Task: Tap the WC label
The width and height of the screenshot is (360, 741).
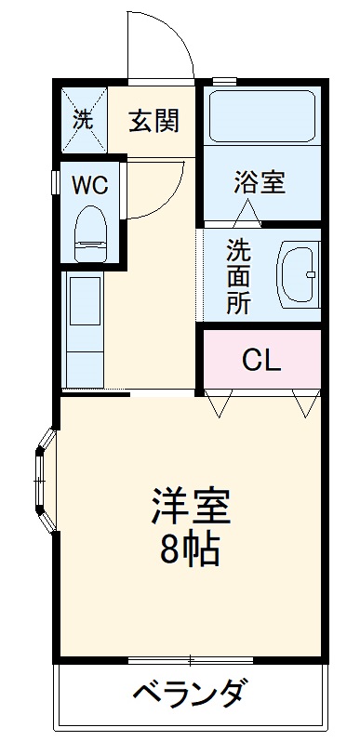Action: pyautogui.click(x=91, y=183)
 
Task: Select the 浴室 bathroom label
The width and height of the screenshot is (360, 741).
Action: pyautogui.click(x=259, y=182)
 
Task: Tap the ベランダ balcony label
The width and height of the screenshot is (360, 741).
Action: pyautogui.click(x=190, y=693)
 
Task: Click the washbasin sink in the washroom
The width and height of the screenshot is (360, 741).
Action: pyautogui.click(x=298, y=277)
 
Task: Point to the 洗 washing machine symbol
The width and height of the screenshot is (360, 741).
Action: pyautogui.click(x=83, y=120)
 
